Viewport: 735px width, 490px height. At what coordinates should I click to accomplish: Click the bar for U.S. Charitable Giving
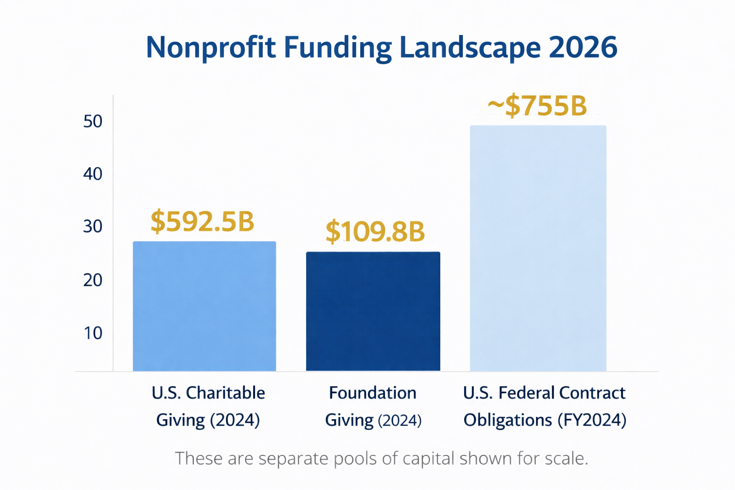[204, 306]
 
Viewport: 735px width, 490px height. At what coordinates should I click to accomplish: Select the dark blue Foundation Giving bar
[373, 311]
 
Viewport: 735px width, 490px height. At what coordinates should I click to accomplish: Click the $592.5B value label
[202, 222]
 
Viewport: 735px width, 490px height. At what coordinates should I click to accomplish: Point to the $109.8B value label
[375, 232]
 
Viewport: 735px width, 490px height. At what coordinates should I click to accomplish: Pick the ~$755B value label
[537, 106]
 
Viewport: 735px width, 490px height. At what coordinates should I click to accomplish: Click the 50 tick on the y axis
[93, 122]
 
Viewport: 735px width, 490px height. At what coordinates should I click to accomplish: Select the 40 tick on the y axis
[93, 174]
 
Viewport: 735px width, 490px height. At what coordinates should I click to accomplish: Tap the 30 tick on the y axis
[93, 226]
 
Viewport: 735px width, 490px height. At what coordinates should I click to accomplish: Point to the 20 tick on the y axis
[93, 280]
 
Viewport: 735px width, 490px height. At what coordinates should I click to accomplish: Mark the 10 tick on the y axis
[93, 333]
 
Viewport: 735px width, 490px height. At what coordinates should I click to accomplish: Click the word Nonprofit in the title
[211, 47]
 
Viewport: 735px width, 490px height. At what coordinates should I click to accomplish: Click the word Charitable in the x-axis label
[225, 393]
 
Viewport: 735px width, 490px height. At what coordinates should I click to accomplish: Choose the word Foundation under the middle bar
[373, 393]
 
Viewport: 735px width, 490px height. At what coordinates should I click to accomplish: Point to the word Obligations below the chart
[508, 420]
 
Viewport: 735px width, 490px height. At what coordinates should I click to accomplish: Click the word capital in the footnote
[428, 458]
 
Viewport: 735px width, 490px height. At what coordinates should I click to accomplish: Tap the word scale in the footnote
[566, 458]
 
